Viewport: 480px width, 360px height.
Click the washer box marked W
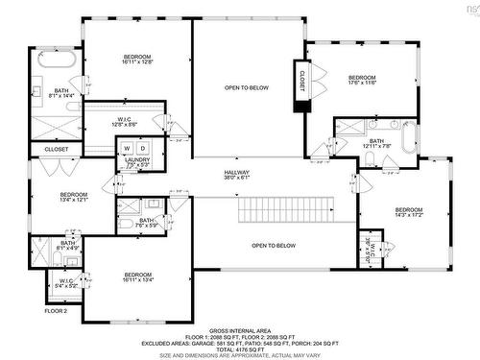125,148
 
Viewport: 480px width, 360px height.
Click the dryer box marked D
142,148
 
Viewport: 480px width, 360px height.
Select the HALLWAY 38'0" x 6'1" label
235,175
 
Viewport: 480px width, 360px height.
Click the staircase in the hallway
288,208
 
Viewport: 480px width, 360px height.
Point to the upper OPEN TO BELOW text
247,87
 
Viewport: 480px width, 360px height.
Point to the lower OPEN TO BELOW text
274,246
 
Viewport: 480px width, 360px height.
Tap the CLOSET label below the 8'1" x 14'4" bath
57,150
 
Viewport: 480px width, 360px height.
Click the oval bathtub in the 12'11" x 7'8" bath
410,138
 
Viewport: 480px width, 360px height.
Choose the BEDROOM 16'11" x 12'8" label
138,60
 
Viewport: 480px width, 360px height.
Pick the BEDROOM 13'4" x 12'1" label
74,198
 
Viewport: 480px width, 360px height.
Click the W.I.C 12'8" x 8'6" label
125,121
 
